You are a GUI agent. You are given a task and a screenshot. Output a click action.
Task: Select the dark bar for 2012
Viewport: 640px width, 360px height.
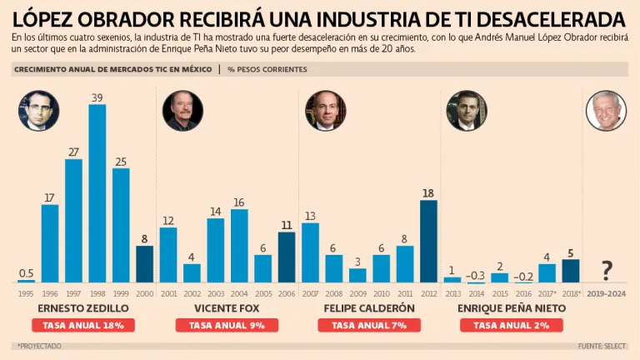click(428, 241)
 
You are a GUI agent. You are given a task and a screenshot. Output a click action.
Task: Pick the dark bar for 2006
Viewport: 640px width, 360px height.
click(287, 257)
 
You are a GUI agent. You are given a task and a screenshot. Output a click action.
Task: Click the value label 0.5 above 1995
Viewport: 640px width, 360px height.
click(26, 273)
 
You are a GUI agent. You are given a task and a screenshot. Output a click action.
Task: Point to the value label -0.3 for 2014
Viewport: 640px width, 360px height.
click(476, 274)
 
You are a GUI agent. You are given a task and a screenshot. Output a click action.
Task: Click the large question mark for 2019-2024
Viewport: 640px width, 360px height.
click(607, 269)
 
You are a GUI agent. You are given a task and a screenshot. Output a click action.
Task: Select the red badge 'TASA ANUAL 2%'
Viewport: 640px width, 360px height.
click(503, 325)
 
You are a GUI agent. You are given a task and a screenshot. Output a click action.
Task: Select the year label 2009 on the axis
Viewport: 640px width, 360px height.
click(357, 293)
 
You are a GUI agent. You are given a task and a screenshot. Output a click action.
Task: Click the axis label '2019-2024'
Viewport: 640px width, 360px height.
click(607, 293)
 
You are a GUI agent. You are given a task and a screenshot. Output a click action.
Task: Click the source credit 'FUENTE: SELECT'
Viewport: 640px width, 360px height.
click(603, 346)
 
